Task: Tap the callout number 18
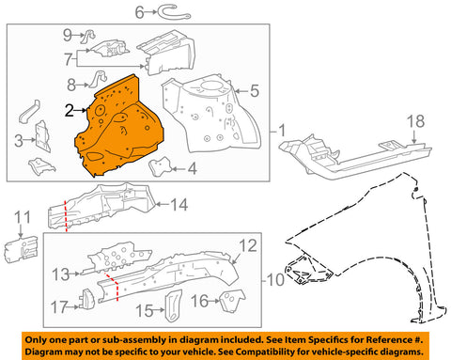tap(415, 121)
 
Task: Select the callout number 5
tap(255, 91)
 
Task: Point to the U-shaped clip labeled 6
tap(174, 13)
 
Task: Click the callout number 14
tap(179, 205)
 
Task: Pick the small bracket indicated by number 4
tap(161, 166)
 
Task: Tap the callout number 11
tap(23, 217)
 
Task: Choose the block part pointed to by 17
tap(88, 299)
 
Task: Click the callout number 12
tap(248, 246)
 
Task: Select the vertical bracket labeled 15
tap(173, 306)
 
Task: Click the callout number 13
tap(60, 274)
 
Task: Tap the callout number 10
tap(275, 279)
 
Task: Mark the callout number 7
tap(69, 59)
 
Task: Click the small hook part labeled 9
tap(88, 36)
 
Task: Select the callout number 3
tap(19, 141)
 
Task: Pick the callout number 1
tap(282, 131)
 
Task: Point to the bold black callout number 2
tap(70, 110)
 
